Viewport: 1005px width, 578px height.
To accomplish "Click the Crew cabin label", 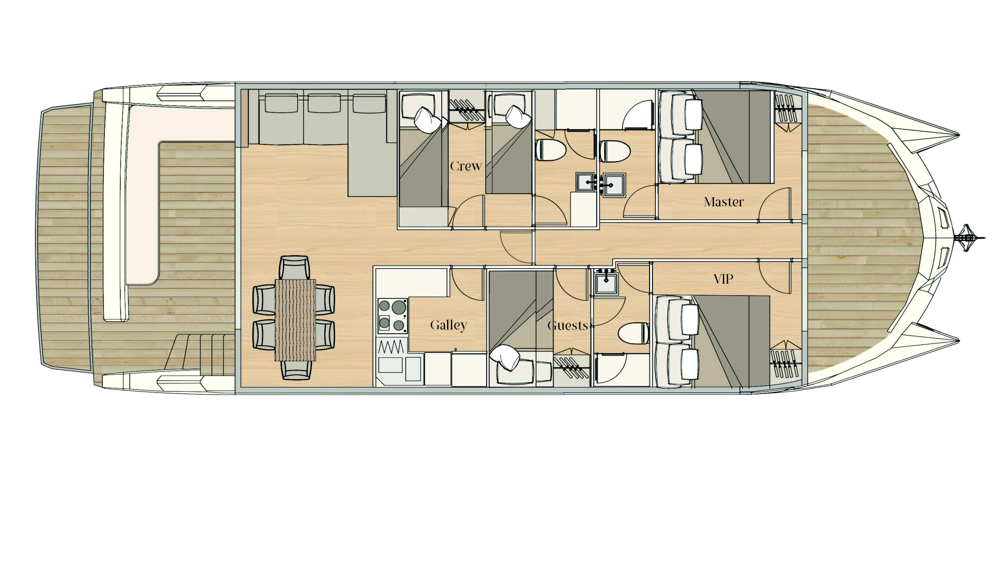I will coord(466,166).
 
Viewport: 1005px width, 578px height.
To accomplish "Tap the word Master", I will coord(723,202).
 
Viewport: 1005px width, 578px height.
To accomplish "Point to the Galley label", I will coord(448,325).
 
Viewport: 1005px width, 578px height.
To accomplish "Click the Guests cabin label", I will coord(568,326).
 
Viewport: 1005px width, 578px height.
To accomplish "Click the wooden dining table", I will coord(295,320).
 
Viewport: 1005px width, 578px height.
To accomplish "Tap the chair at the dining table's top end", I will coord(295,267).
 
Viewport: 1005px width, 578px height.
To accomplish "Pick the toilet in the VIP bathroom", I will coord(634,333).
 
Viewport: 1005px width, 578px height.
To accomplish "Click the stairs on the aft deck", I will coord(202,354).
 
